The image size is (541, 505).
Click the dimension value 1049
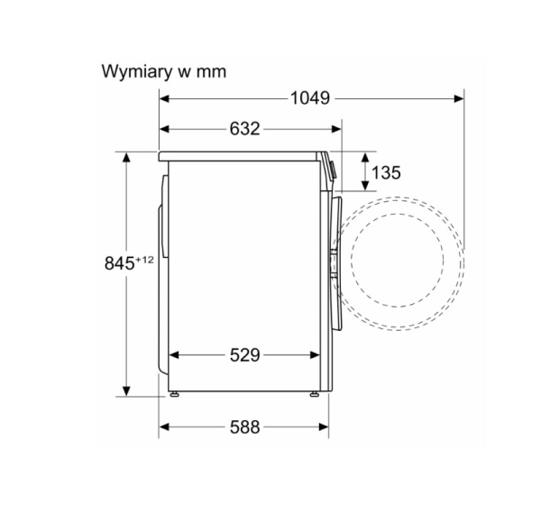[310, 98]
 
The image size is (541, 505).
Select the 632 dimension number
[244, 129]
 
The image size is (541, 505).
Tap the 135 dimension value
[386, 172]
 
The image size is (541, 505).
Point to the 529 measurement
[244, 354]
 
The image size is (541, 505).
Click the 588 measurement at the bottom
[244, 427]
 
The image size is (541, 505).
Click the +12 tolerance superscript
[145, 260]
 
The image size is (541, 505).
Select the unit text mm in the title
[211, 72]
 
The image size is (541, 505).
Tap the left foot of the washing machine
[174, 394]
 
